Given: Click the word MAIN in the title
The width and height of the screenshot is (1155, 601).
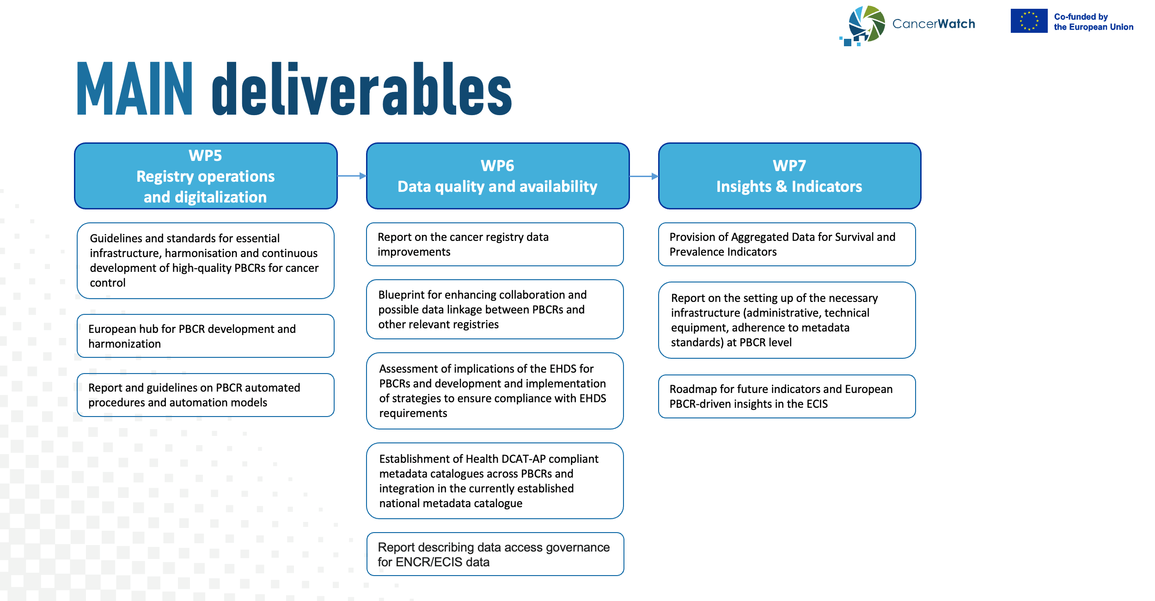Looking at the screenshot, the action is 134,88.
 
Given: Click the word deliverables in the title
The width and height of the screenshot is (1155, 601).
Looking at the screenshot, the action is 362,88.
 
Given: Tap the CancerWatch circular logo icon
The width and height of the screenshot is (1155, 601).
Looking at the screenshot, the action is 862,25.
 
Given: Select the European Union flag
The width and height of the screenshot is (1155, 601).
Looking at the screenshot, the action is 1029,21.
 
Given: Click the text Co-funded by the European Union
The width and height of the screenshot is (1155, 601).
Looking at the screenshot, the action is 1094,22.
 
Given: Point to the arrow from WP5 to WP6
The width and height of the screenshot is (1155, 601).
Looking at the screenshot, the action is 352,176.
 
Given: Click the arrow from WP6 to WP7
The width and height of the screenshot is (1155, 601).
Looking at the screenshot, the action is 644,176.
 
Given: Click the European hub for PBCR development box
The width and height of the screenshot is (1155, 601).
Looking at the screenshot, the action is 206,336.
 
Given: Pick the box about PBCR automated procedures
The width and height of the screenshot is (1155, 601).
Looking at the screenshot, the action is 206,395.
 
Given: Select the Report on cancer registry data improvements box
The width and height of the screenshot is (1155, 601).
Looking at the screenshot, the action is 495,244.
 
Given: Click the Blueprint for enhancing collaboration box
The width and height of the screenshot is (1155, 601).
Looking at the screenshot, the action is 495,309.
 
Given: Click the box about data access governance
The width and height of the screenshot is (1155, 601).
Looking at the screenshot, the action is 495,554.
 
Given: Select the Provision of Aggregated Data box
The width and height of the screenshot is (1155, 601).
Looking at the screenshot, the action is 787,244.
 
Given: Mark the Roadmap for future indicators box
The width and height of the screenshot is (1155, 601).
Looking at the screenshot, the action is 787,396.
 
